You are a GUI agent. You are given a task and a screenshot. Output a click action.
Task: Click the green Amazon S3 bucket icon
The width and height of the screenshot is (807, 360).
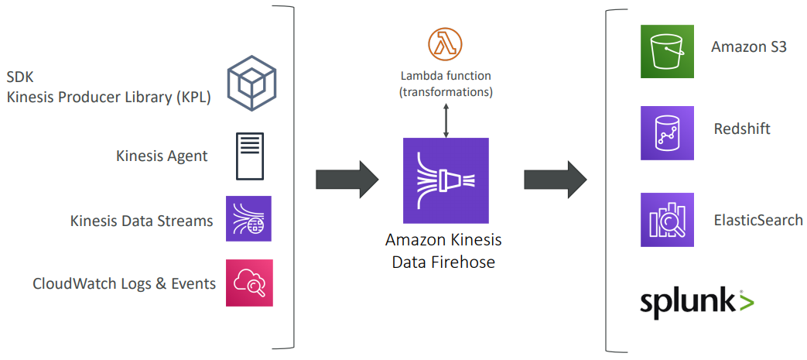(667, 51)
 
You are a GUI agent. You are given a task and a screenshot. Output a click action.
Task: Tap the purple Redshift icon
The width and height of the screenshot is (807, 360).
(667, 133)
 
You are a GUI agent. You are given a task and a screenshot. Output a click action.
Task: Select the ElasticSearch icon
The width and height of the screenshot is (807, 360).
(667, 220)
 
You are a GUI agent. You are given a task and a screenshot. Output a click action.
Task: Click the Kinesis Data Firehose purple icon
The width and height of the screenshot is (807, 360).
(446, 180)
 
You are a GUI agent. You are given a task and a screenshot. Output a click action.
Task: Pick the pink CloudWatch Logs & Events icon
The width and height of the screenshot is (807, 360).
(249, 283)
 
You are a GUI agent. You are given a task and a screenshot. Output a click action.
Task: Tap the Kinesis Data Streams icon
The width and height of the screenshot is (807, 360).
(249, 219)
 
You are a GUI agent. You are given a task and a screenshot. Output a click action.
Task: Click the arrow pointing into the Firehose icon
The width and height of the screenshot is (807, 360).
(347, 180)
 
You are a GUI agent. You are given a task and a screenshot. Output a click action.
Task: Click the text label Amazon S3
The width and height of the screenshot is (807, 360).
(749, 46)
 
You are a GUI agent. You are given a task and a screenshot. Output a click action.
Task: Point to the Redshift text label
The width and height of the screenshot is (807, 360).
(742, 129)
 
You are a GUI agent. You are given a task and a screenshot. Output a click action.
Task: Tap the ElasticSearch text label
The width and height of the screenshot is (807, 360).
(758, 220)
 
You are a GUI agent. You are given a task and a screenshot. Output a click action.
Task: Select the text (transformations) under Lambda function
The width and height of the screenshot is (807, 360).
(446, 92)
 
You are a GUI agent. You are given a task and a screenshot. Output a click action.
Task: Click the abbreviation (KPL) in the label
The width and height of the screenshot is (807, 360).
(191, 97)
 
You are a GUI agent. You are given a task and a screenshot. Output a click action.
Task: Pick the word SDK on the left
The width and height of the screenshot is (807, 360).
(20, 77)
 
